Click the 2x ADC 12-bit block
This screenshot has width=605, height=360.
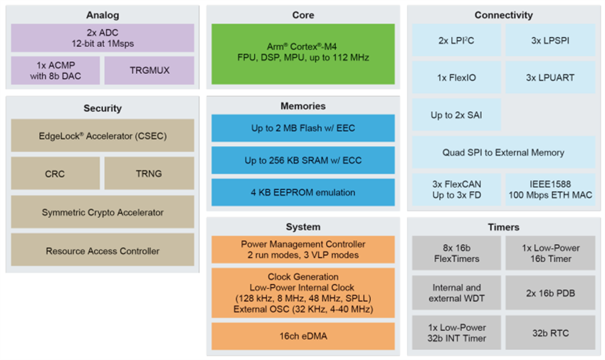(102, 38)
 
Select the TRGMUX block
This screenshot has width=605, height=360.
(149, 70)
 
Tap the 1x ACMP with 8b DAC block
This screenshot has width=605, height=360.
(55, 70)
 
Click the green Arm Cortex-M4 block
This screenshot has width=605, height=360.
(302, 47)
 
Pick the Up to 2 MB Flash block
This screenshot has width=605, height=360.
(302, 128)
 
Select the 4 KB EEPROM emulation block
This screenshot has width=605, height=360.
(302, 192)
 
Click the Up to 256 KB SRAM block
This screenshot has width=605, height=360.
(302, 160)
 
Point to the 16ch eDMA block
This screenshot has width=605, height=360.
(302, 336)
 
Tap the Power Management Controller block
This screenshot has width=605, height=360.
(302, 250)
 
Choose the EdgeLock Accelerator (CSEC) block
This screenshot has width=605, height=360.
(102, 135)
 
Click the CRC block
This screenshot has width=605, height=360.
(55, 173)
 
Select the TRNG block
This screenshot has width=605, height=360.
(149, 173)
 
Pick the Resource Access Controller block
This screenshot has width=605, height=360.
(102, 250)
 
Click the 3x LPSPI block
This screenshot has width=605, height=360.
(550, 41)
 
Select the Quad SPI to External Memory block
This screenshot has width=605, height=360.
(503, 152)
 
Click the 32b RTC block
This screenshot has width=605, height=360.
(550, 333)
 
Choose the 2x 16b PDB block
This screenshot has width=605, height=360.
(550, 292)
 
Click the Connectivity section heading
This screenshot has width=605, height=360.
(503, 15)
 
